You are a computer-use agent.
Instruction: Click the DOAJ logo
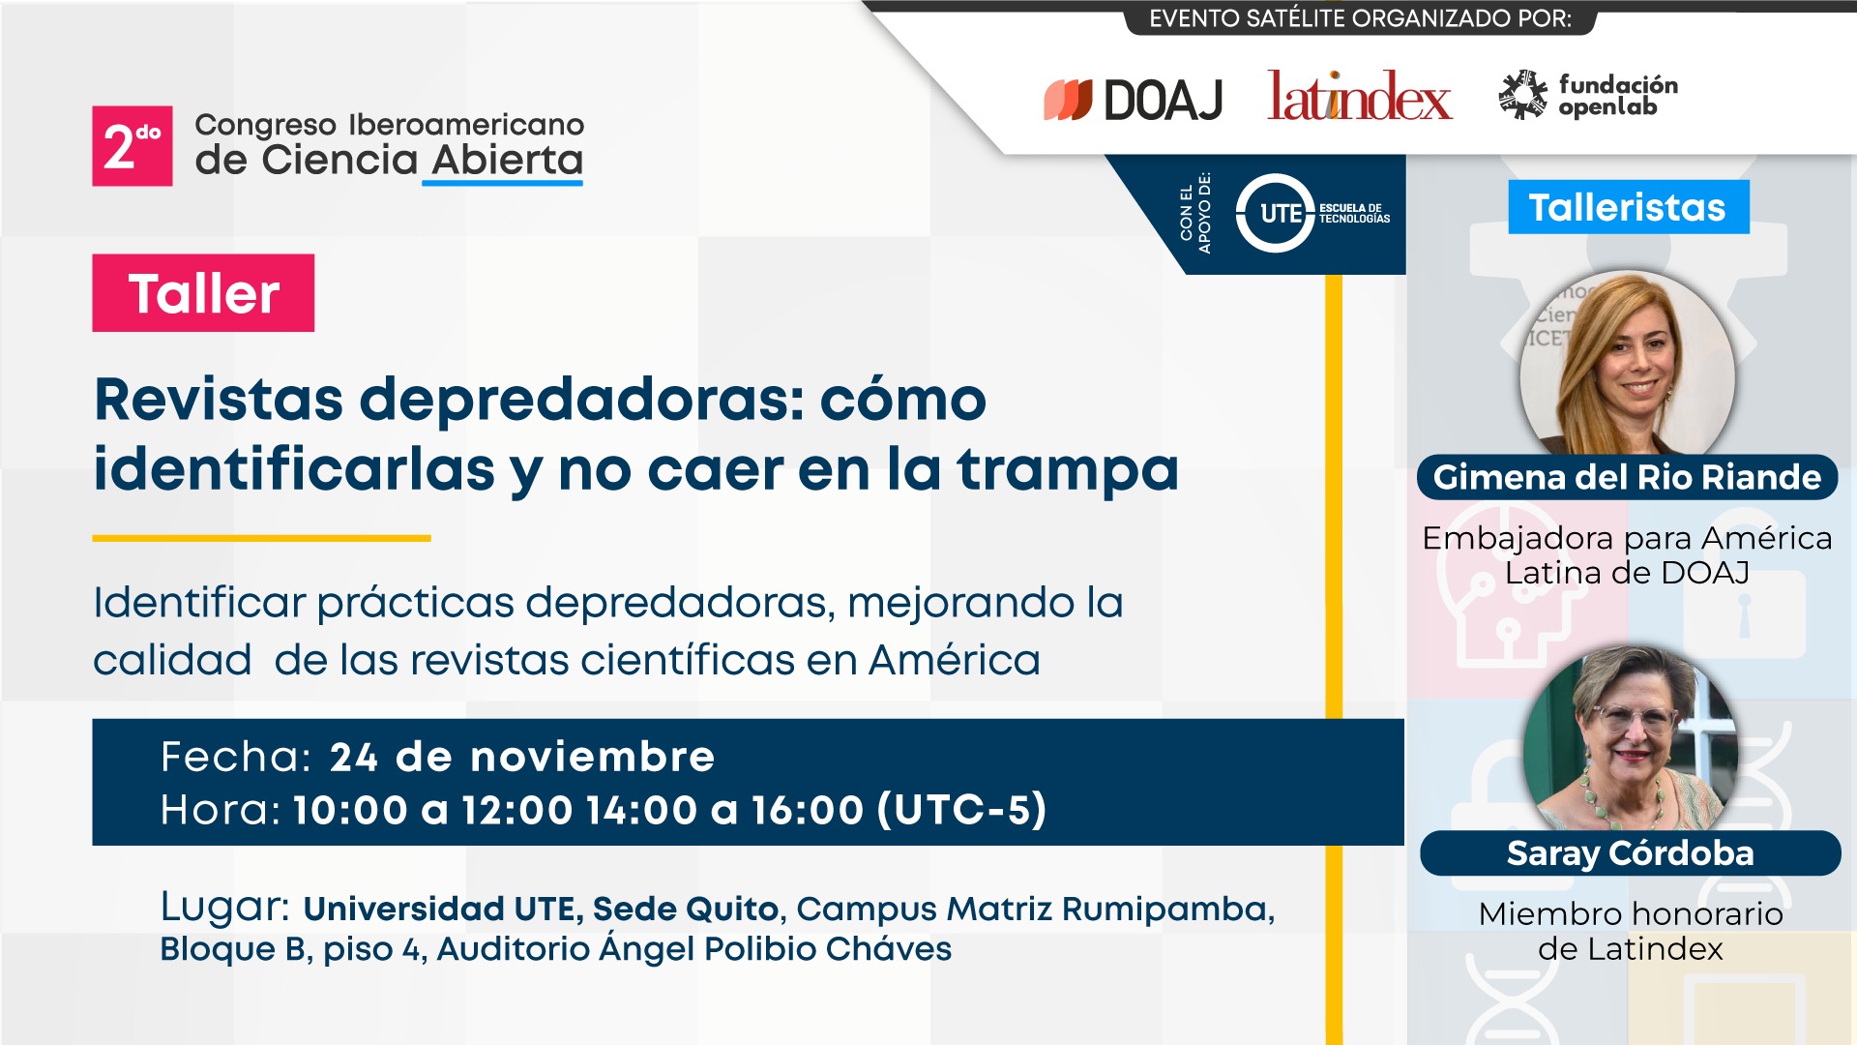[x=1133, y=99]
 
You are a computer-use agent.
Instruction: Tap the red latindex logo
[x=1360, y=96]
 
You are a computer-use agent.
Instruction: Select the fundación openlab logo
[x=1588, y=95]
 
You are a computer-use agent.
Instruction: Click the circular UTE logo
[x=1276, y=213]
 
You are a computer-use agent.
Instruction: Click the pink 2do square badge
[x=133, y=146]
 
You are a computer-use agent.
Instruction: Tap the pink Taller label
[x=203, y=293]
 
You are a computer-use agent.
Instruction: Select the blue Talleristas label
[x=1628, y=207]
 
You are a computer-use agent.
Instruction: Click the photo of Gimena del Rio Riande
[x=1628, y=364]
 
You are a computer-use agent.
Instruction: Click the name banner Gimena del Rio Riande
[x=1628, y=477]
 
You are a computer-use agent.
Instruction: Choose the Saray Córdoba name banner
[x=1631, y=853]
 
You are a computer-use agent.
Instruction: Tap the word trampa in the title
[x=1068, y=471]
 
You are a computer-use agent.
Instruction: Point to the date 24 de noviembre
[x=522, y=757]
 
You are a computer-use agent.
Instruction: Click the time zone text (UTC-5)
[x=962, y=810]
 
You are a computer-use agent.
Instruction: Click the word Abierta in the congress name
[x=507, y=161]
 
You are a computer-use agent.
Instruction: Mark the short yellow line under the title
[x=261, y=538]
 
